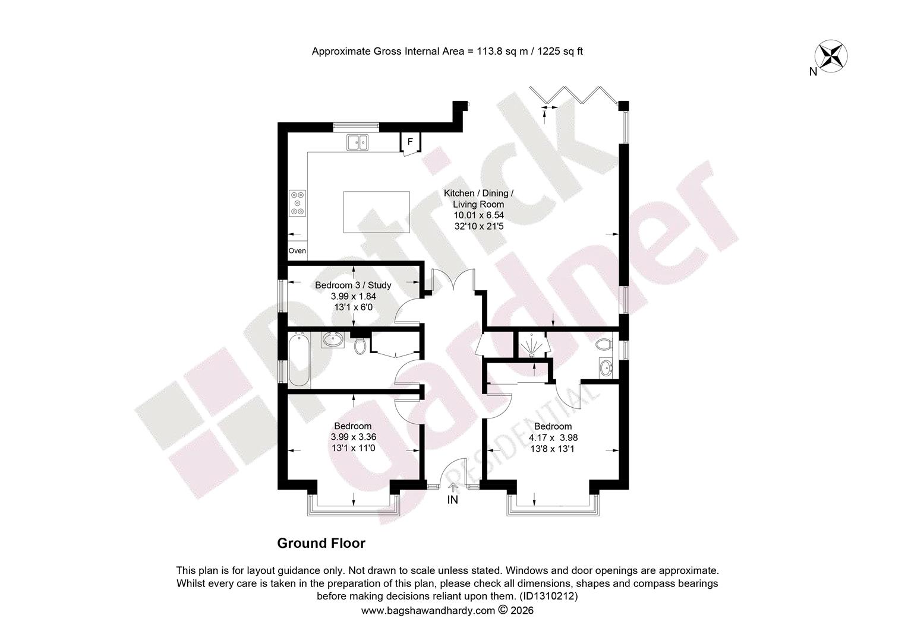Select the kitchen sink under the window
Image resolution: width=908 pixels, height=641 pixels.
coord(357,142)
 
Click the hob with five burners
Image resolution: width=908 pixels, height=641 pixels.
coord(298,203)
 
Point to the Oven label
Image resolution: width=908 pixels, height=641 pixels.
coord(297,250)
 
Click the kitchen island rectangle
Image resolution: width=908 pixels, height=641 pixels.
coord(377,212)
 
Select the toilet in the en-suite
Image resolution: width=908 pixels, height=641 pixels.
coord(604,345)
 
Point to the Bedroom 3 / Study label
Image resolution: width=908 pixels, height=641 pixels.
coord(353,285)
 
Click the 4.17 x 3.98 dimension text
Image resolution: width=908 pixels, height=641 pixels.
coord(553,438)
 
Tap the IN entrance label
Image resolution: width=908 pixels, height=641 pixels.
coord(452,500)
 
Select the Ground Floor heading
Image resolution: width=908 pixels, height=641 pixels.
coord(321,544)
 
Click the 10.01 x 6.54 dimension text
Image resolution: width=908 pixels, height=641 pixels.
coord(479,215)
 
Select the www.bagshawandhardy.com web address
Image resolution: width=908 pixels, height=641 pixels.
coord(428,610)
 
